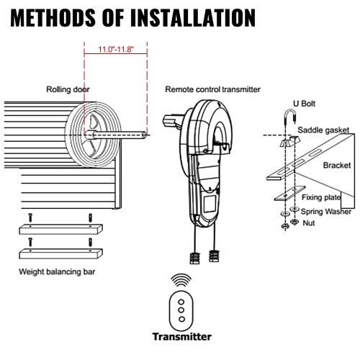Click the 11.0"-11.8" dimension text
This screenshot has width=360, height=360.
click(x=115, y=50)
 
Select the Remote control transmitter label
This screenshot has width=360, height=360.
click(x=212, y=90)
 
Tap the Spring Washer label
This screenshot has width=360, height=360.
click(x=325, y=211)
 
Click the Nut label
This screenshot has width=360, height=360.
click(x=310, y=222)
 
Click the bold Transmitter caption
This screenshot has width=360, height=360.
click(x=181, y=336)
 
